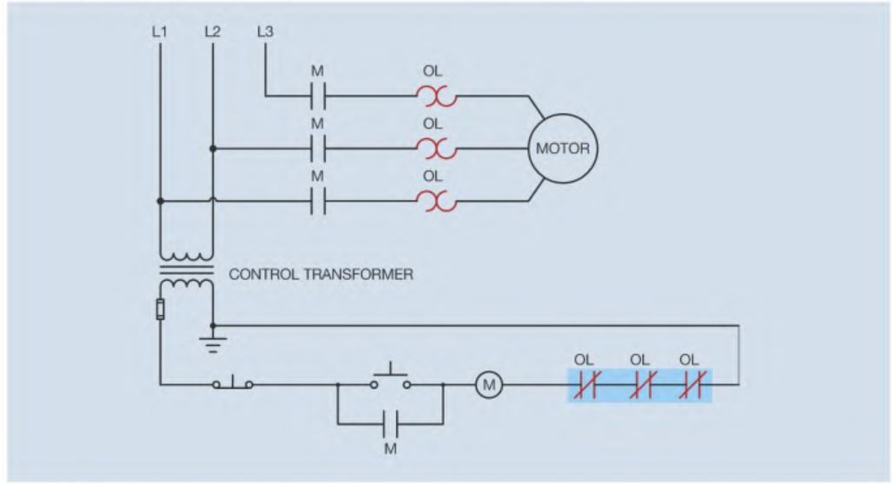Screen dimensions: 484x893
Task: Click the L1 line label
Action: click(x=160, y=32)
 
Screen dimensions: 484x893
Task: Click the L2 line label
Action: click(x=212, y=32)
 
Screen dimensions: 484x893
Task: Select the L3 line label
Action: click(x=266, y=32)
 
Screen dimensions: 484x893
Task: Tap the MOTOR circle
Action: click(x=561, y=148)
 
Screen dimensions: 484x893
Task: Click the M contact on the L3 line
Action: click(x=318, y=95)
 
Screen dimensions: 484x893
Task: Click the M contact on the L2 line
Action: click(x=318, y=148)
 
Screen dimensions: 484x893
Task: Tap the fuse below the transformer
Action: click(x=161, y=310)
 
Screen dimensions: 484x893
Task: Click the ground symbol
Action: click(x=213, y=343)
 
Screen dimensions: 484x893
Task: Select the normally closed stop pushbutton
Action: click(x=233, y=382)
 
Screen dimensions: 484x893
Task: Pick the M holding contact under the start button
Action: click(x=390, y=423)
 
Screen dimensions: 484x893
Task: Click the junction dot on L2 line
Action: click(x=213, y=148)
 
